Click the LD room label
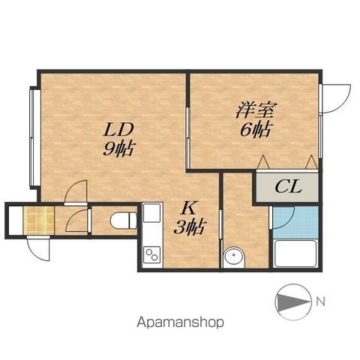click(x=118, y=130)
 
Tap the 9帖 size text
click(x=118, y=148)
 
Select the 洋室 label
click(x=256, y=110)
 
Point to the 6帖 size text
click(x=255, y=130)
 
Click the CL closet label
click(x=288, y=187)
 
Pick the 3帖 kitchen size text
click(x=190, y=227)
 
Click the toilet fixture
click(x=123, y=220)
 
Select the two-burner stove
click(x=152, y=254)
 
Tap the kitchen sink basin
click(x=151, y=213)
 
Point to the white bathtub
click(x=295, y=253)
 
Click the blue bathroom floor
click(x=295, y=222)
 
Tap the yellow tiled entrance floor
click(x=39, y=220)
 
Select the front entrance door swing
click(x=38, y=248)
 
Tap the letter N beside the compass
click(x=320, y=301)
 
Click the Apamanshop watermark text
click(x=180, y=322)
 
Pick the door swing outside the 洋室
click(x=335, y=99)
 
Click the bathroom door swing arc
click(x=283, y=217)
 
